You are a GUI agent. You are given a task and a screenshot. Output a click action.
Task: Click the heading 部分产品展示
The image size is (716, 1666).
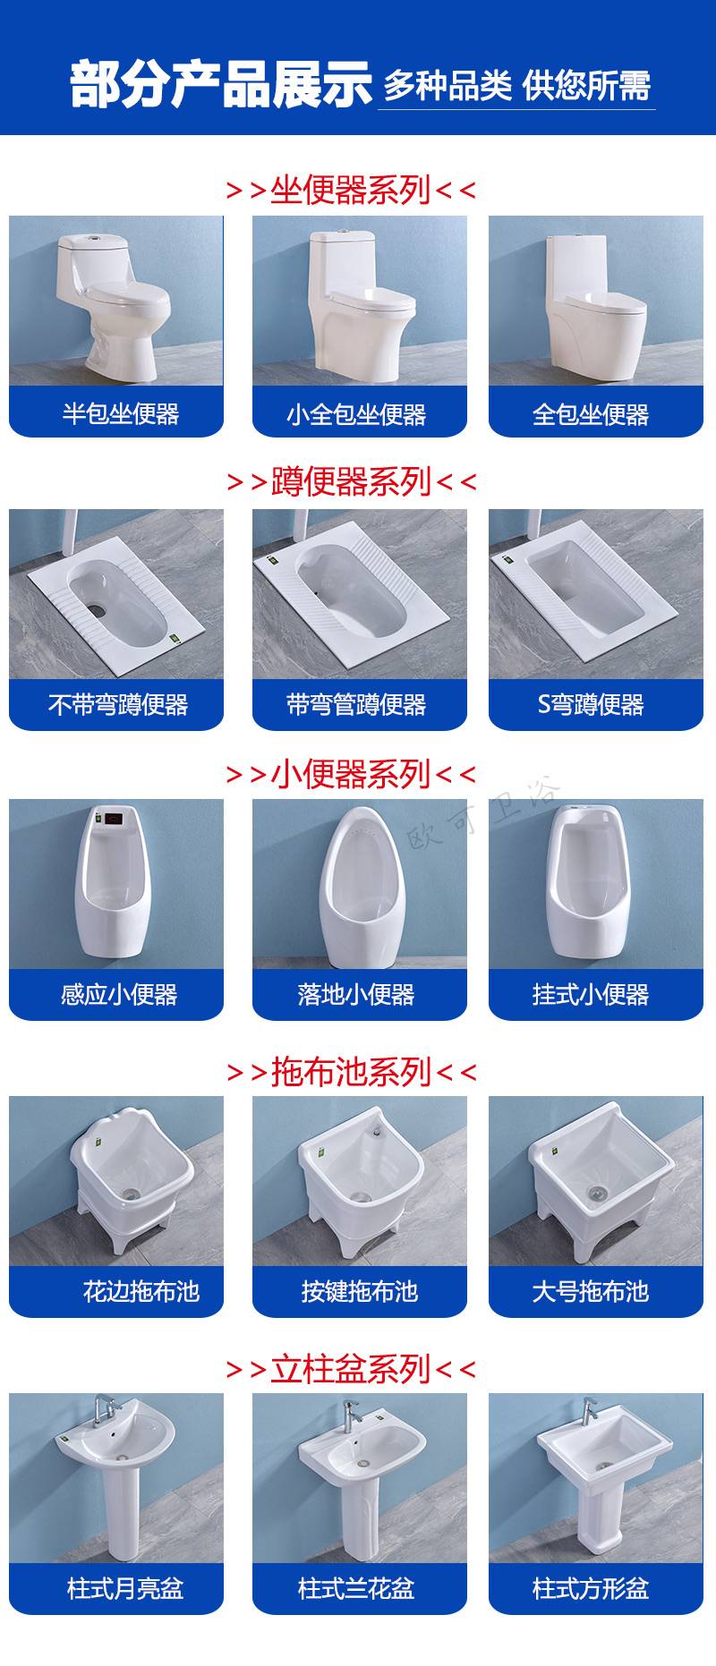[221, 84]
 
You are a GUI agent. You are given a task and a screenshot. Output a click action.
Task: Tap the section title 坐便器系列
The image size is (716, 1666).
[351, 190]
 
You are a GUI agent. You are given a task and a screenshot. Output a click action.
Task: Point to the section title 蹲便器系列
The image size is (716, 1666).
[351, 481]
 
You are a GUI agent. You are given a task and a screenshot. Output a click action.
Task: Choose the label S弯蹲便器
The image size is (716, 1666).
[591, 705]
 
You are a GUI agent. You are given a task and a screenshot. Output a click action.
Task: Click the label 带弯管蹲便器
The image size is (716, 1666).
[356, 705]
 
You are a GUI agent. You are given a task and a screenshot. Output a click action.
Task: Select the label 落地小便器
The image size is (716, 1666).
[356, 994]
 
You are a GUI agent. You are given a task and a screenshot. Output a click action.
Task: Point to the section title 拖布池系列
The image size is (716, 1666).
[351, 1071]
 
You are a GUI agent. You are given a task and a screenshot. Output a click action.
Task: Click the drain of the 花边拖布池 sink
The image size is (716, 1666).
[132, 1194]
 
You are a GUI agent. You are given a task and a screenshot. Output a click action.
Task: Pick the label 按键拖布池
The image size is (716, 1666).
[360, 1291]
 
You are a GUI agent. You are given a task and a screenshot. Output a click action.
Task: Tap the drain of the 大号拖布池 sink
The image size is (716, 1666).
[597, 1191]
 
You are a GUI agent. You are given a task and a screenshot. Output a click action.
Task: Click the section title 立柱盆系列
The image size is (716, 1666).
[351, 1369]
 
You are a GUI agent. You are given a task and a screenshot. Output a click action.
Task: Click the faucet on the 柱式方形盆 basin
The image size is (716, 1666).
[589, 1412]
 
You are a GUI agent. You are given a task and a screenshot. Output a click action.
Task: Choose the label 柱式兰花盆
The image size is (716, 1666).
[356, 1589]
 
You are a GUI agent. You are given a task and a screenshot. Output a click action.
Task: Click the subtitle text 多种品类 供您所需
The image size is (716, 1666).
[516, 86]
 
